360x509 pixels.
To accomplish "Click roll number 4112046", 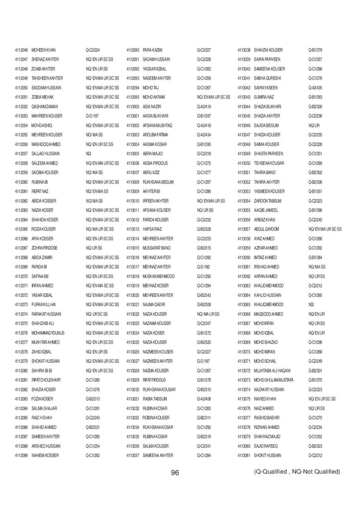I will (x=21, y=50).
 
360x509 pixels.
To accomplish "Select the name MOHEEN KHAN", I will (x=44, y=50).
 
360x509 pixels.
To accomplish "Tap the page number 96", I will (x=175, y=473).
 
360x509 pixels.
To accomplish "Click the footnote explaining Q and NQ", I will (x=297, y=471).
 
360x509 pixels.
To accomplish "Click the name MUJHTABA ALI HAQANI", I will (x=271, y=370).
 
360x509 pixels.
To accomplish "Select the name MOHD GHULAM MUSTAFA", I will (x=274, y=380).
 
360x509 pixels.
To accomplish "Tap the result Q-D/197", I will (x=93, y=116).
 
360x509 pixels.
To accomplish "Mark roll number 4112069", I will (x=21, y=455).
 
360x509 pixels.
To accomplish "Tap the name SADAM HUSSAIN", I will (x=156, y=59).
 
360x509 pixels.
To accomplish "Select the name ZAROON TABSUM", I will (x=269, y=201).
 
